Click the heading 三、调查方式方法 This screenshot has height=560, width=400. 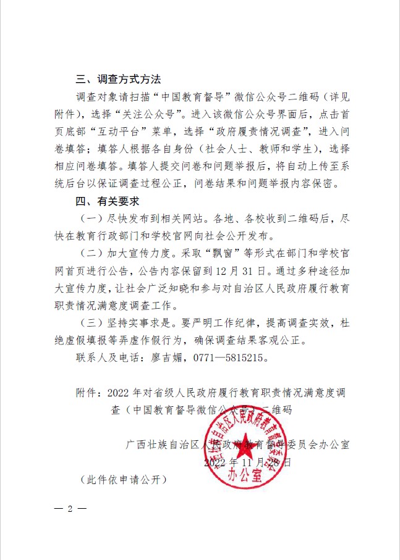pyautogui.click(x=118, y=80)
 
